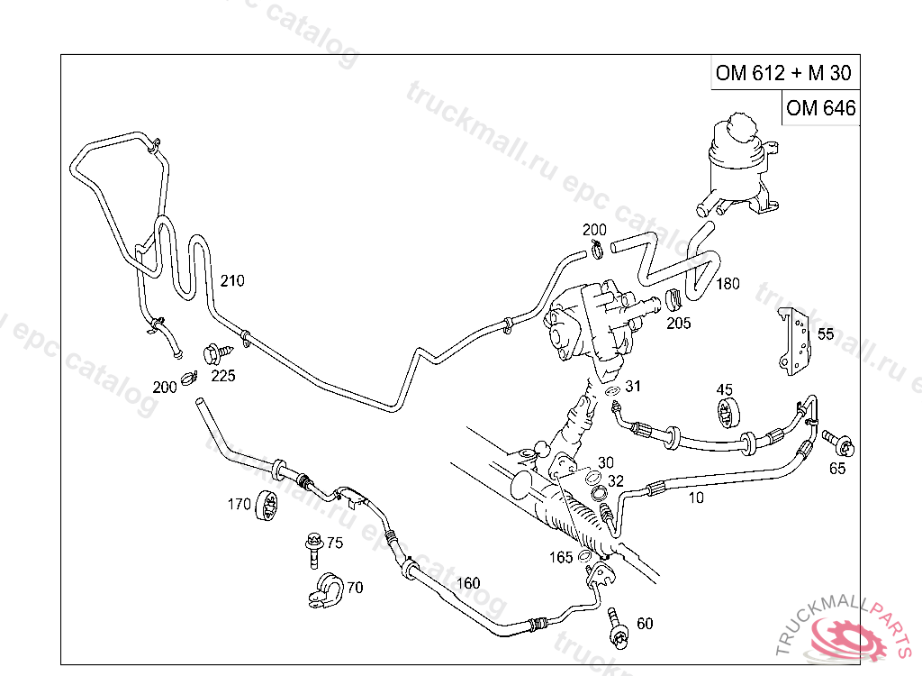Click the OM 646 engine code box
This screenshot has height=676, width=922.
(x=819, y=109)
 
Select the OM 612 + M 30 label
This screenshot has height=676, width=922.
(x=782, y=74)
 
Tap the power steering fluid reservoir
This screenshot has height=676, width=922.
(x=738, y=162)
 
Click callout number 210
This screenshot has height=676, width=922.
(x=231, y=281)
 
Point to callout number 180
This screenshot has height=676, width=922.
(x=728, y=284)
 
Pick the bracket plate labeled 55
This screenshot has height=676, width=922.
(x=793, y=341)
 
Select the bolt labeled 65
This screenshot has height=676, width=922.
(x=838, y=443)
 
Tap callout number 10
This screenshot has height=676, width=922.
(x=695, y=497)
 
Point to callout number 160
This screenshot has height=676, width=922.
(x=468, y=583)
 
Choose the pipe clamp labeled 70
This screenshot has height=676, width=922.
(x=322, y=588)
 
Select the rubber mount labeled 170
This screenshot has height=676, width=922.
(x=265, y=505)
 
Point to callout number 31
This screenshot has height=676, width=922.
(x=633, y=387)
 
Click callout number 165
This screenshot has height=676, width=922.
(x=561, y=558)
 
